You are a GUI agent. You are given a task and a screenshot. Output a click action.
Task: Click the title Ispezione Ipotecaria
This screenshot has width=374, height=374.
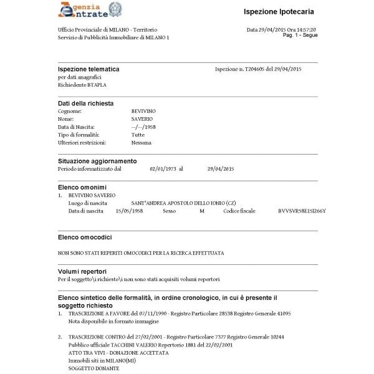point(279,12)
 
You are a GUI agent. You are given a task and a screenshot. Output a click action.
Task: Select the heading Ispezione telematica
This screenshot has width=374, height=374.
point(89,69)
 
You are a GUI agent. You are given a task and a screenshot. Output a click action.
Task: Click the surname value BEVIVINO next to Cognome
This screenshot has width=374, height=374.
point(143,111)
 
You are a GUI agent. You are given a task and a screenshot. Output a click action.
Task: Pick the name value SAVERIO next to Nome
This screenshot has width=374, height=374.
point(142,118)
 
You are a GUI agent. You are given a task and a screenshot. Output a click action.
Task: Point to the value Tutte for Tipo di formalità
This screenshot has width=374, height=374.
point(138,135)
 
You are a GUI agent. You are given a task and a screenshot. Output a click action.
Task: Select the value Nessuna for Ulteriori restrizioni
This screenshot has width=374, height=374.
point(141,143)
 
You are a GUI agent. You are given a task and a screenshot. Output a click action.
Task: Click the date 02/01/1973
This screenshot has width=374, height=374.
point(163,169)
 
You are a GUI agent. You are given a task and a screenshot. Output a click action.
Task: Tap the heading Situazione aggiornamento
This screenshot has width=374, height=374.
point(97,161)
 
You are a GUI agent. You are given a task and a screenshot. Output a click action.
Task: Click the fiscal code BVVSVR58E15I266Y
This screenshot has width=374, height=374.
point(302,211)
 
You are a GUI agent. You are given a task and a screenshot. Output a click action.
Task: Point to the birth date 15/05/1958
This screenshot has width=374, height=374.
point(130,211)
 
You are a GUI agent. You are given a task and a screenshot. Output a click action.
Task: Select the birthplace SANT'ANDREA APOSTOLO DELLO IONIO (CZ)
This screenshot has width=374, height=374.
point(183,203)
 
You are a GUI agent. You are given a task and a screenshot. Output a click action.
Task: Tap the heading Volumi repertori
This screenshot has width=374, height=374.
point(82,272)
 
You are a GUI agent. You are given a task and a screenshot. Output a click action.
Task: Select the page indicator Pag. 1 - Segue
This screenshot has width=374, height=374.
point(300,36)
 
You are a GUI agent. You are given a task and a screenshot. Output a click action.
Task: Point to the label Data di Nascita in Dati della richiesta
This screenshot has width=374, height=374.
point(75,127)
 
